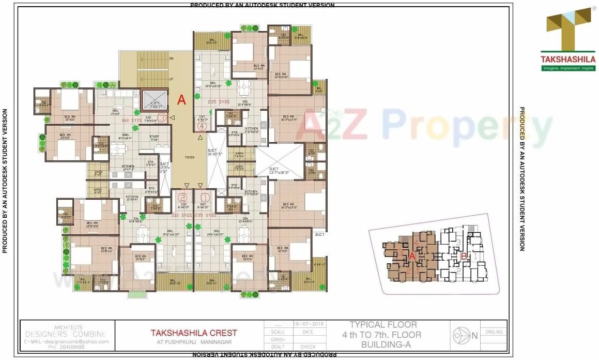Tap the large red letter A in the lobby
[x=181, y=100]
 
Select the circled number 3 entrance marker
[x=162, y=118]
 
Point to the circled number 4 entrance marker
[x=202, y=125]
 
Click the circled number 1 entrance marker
[x=205, y=197]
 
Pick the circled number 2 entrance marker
[x=182, y=197]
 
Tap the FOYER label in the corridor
[x=189, y=157]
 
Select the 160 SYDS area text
[x=132, y=121]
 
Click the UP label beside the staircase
[x=171, y=79]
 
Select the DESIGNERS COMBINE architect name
[x=66, y=334]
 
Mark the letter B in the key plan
[x=464, y=256]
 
